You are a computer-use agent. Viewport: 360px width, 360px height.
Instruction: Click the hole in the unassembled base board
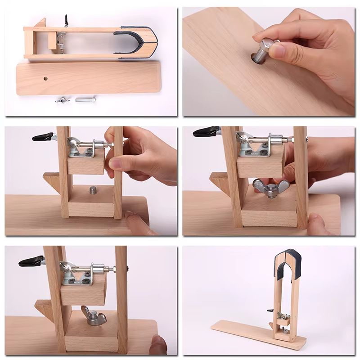click(x=46, y=78)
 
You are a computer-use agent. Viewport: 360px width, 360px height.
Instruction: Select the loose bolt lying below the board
click(x=84, y=99)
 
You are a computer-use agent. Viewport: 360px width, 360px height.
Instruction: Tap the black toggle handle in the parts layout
click(x=66, y=20)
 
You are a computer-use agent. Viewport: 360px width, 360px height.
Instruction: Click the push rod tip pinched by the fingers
click(x=110, y=145)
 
